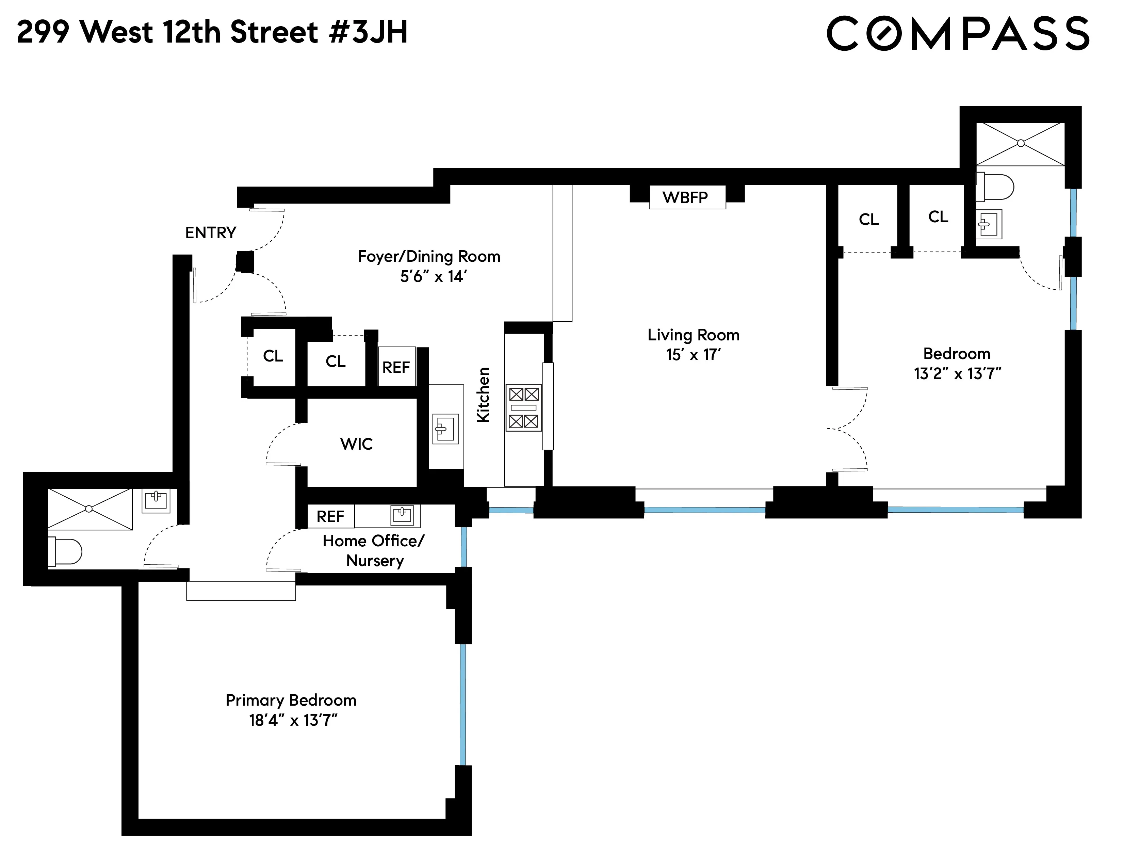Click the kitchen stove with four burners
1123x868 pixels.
(523, 408)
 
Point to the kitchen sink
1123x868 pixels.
(445, 429)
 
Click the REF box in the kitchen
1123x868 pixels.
(396, 367)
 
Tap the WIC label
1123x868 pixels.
(356, 444)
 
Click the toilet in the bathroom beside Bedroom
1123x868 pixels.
(995, 187)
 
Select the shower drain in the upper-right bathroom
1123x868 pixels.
(1021, 143)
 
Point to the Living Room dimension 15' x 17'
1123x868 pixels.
(693, 355)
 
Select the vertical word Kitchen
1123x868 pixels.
(483, 395)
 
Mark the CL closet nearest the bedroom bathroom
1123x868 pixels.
(938, 217)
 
